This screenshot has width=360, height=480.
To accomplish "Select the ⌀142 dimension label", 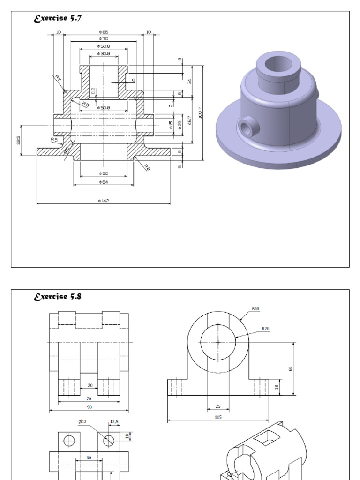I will click(103, 201).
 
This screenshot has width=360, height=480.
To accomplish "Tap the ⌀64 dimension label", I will click(103, 182).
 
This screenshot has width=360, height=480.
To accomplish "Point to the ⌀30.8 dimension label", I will click(103, 54).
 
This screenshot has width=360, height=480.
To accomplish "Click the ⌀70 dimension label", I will click(103, 38).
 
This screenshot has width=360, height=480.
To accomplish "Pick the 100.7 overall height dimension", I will click(200, 114).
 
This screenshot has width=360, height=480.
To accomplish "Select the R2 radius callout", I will click(147, 167).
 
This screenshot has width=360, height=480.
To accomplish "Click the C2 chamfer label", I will click(93, 90).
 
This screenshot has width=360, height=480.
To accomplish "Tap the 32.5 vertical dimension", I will click(19, 140).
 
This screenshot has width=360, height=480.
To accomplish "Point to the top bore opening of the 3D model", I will click(278, 64).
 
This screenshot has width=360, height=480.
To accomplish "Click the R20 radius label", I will click(266, 329).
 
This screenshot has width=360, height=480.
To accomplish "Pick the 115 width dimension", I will click(218, 417).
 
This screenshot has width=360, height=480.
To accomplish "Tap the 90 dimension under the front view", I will click(89, 408).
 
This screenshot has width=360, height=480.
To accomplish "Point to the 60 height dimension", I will click(291, 369).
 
